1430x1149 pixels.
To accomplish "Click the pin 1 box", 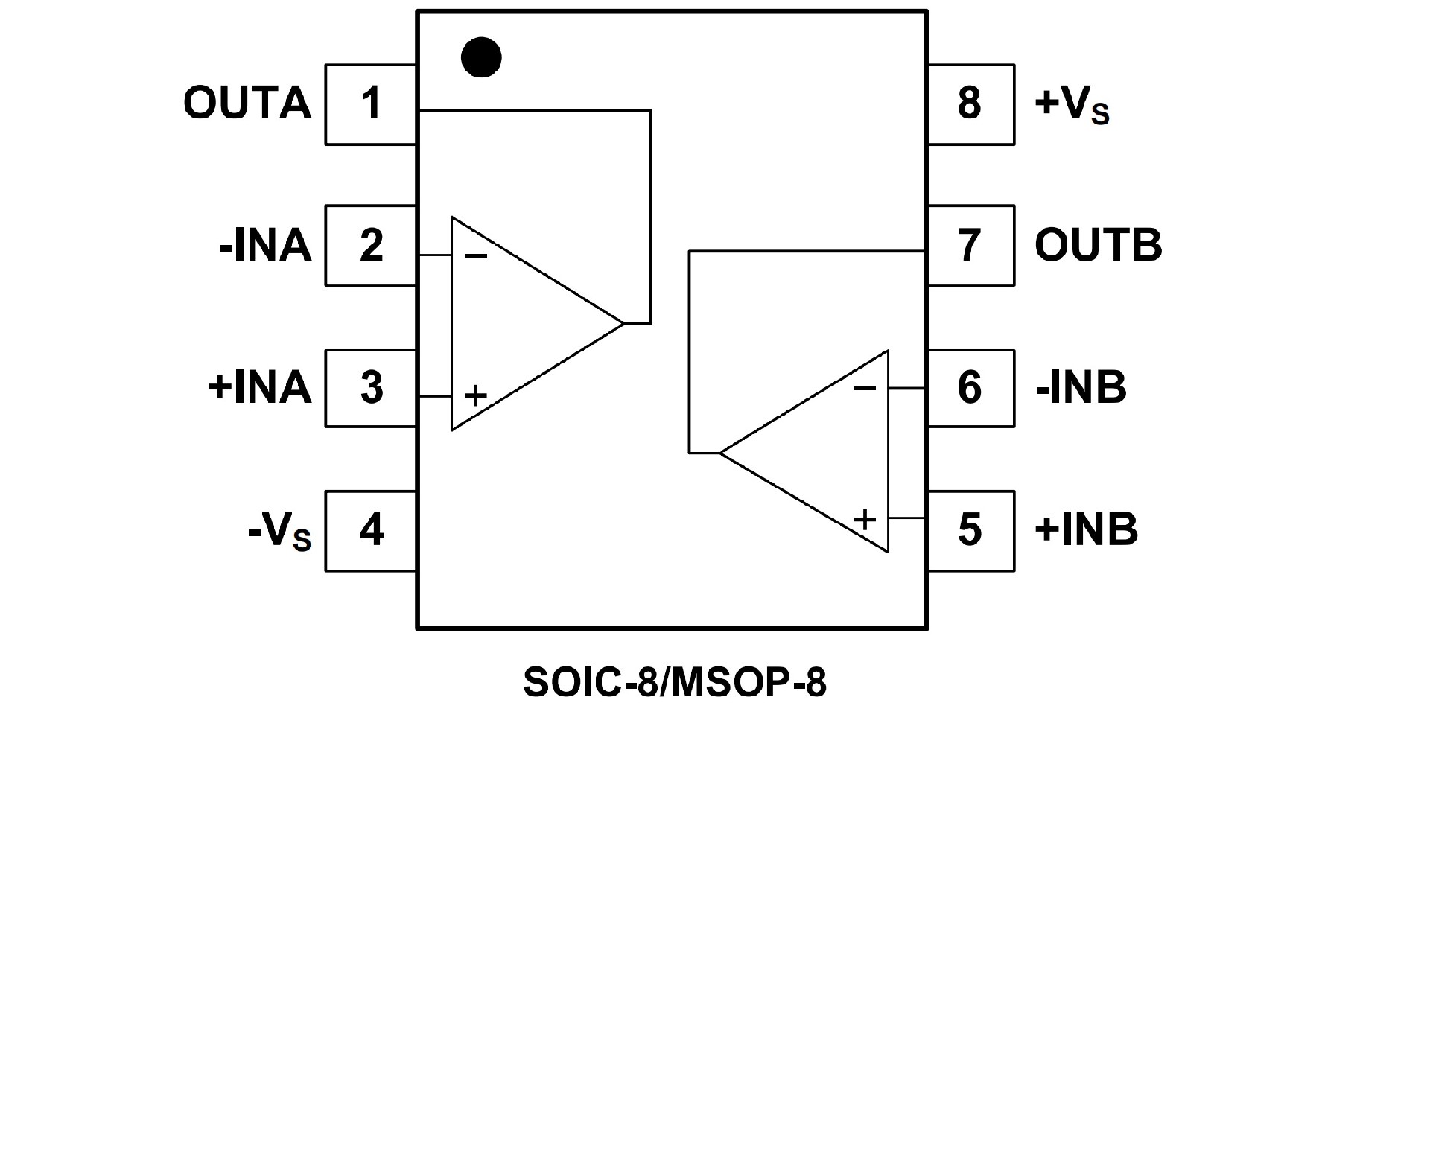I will point(371,104).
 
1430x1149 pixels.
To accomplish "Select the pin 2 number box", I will point(371,245).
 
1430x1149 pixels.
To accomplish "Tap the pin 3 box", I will point(371,387).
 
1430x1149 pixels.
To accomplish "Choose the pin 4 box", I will point(371,530).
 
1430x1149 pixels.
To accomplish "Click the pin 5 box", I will point(970,530).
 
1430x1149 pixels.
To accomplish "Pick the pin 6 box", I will point(970,387).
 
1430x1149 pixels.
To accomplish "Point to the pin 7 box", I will point(970,245).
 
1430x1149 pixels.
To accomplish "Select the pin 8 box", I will point(970,104).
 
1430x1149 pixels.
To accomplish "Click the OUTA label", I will point(247,104).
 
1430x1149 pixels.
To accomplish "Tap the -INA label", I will point(266,245).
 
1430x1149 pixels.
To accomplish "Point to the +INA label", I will point(259,387).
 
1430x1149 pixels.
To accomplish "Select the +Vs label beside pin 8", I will point(1072,105).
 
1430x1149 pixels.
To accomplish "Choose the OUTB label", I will point(1098,245).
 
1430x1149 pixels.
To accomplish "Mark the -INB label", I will point(1081,387).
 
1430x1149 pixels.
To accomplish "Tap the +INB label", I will point(1086,529).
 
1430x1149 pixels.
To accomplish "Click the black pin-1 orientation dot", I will point(481,57).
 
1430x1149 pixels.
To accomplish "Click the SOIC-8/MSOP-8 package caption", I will point(675,681).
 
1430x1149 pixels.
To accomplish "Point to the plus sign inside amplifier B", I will point(865,518).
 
